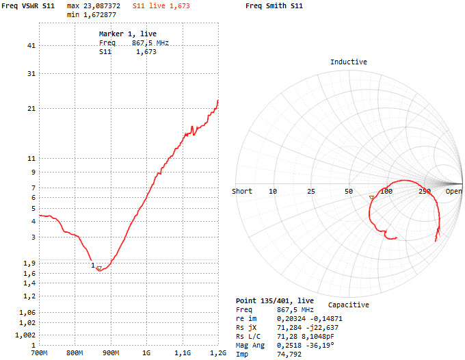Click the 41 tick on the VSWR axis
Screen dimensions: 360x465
(30, 46)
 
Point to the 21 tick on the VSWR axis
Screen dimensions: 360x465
(30, 109)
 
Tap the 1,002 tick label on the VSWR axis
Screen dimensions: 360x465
(25, 335)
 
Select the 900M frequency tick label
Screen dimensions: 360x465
(111, 353)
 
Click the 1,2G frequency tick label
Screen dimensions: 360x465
(217, 353)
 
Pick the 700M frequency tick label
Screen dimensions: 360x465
(39, 353)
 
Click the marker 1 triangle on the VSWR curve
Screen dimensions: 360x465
(99, 268)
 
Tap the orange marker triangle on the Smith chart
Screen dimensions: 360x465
(372, 197)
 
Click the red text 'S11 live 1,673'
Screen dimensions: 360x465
(161, 5)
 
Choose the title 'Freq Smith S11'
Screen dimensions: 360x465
(274, 5)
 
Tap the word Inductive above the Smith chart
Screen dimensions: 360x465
(349, 62)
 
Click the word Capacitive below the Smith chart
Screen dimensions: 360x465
(349, 305)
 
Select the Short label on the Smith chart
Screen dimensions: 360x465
(242, 192)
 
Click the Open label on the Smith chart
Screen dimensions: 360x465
(454, 192)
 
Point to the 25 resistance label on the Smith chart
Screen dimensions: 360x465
(311, 192)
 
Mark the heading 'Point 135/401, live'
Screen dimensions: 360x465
(275, 300)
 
